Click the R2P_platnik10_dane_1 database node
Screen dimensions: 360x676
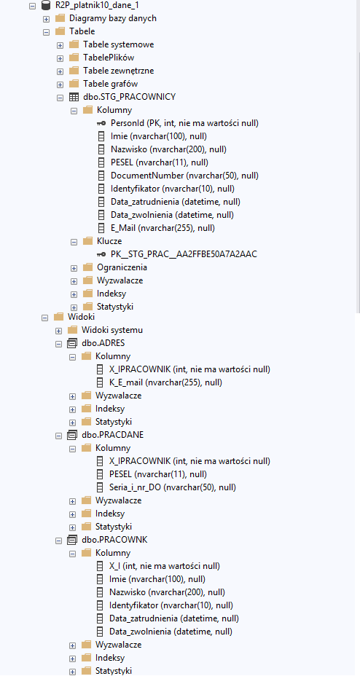point(97,6)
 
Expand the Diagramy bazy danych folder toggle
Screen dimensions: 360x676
point(47,19)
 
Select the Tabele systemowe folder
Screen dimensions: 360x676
point(119,44)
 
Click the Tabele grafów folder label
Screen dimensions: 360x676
point(110,84)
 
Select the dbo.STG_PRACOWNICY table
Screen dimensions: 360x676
point(129,97)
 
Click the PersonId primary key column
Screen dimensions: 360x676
point(184,123)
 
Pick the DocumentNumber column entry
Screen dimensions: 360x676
point(184,176)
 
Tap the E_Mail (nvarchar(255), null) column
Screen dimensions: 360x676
point(163,227)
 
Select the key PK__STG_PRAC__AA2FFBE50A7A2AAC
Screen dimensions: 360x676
point(184,254)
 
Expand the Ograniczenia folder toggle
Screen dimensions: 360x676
point(74,268)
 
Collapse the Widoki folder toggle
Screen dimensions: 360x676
point(45,318)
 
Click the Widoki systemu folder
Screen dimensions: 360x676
point(112,330)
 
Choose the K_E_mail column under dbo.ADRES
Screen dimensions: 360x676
point(165,382)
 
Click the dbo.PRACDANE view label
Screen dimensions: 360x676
point(112,435)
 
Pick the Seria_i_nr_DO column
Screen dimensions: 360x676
point(173,487)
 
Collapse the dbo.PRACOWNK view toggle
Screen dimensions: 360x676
point(58,541)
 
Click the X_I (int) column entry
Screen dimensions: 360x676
point(165,565)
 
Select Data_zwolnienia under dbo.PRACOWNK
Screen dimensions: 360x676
point(171,632)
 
